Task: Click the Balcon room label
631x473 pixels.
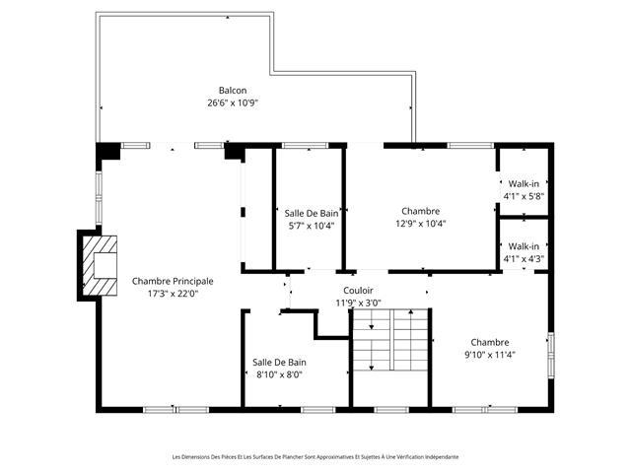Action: point(233,91)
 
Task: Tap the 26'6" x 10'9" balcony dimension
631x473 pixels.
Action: point(233,102)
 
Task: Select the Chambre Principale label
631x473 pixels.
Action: point(173,281)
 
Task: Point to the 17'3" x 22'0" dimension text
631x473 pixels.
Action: point(174,294)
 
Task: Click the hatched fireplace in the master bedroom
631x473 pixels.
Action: point(100,265)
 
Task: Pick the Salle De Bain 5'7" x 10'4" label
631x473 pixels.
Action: point(312,219)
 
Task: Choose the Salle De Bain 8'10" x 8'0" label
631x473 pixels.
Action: point(279,369)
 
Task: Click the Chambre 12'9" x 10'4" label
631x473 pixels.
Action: point(421,217)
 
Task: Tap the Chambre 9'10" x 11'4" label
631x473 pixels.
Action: point(490,348)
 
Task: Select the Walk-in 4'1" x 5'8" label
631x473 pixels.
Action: point(524,190)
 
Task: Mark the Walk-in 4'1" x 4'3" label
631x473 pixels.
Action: point(524,252)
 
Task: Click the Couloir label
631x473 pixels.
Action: point(358,291)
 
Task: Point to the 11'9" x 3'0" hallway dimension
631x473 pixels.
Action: point(358,303)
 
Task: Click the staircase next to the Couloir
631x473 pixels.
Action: point(390,340)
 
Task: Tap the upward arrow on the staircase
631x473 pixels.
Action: point(410,340)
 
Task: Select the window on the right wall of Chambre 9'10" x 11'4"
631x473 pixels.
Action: point(551,355)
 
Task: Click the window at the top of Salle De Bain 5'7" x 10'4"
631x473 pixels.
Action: point(305,145)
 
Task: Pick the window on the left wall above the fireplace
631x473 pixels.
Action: point(99,198)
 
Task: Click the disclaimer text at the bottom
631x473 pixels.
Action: point(315,457)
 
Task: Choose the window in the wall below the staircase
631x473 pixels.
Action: point(391,410)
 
